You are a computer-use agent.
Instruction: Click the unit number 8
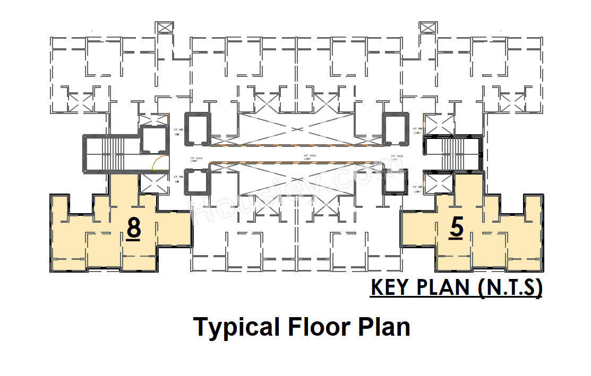click(134, 229)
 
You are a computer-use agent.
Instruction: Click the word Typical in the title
click(236, 327)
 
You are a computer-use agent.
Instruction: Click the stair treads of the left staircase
click(113, 153)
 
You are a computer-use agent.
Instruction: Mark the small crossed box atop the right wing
click(427, 28)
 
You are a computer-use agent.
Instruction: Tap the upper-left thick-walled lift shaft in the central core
click(197, 128)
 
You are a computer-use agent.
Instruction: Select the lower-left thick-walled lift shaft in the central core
click(197, 181)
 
